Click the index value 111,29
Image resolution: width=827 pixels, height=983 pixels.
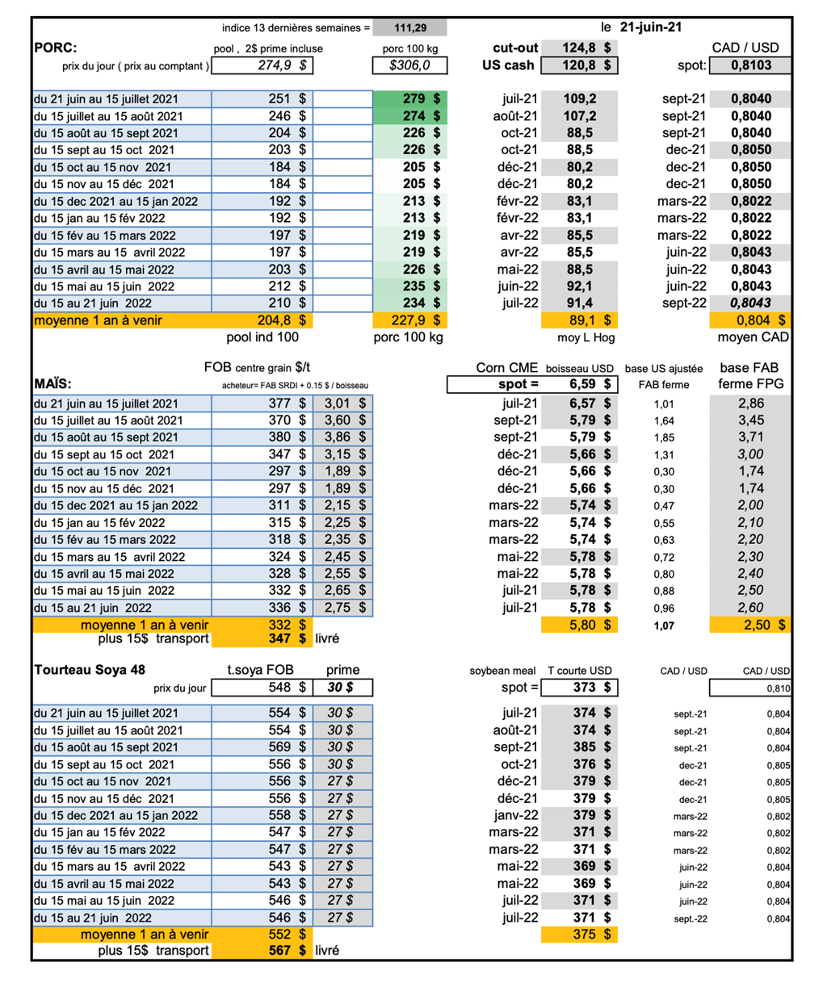[x=410, y=28]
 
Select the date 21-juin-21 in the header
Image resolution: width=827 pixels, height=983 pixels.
[x=651, y=27]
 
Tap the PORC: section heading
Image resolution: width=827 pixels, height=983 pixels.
[x=57, y=48]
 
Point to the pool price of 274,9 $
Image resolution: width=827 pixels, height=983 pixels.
[x=282, y=65]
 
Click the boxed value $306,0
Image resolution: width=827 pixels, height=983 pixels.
[x=410, y=65]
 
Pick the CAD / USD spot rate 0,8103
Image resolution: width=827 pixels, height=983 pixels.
[x=751, y=65]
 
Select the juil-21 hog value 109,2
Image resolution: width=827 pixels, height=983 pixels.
[x=580, y=98]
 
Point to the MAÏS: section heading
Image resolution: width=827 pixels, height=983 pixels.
[x=53, y=383]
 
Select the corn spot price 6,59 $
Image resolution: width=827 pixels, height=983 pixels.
[x=590, y=385]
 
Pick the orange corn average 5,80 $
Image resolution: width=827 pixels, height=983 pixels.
[x=590, y=625]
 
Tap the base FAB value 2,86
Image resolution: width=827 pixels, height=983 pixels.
[x=751, y=404]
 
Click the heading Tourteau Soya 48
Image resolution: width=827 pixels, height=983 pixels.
[x=90, y=670]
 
